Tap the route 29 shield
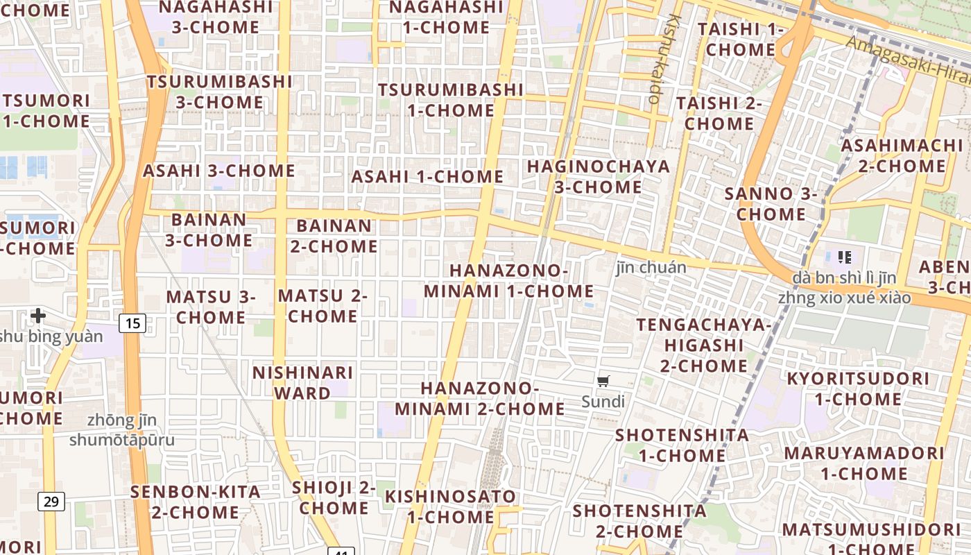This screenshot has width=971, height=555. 51,501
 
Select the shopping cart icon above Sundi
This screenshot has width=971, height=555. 603,381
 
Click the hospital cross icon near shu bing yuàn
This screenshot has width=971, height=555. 38,316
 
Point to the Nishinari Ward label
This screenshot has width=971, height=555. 302,382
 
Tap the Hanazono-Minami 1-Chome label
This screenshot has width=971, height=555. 508,281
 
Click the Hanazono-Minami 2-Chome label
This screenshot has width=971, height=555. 492,398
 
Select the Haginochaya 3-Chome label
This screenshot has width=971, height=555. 599,177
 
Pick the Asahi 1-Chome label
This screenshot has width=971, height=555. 427,177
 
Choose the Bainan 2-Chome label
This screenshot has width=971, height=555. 334,236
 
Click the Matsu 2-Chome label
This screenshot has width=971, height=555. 323,306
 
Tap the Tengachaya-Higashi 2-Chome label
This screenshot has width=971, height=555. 703,345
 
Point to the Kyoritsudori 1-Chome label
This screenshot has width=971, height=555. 857,388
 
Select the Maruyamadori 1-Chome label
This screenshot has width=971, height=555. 863,463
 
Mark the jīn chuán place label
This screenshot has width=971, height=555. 651,268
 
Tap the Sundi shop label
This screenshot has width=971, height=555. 603,402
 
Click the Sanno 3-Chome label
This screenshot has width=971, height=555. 771,204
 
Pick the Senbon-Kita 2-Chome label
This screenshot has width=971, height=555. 196,502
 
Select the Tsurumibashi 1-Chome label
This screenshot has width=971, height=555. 450,100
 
